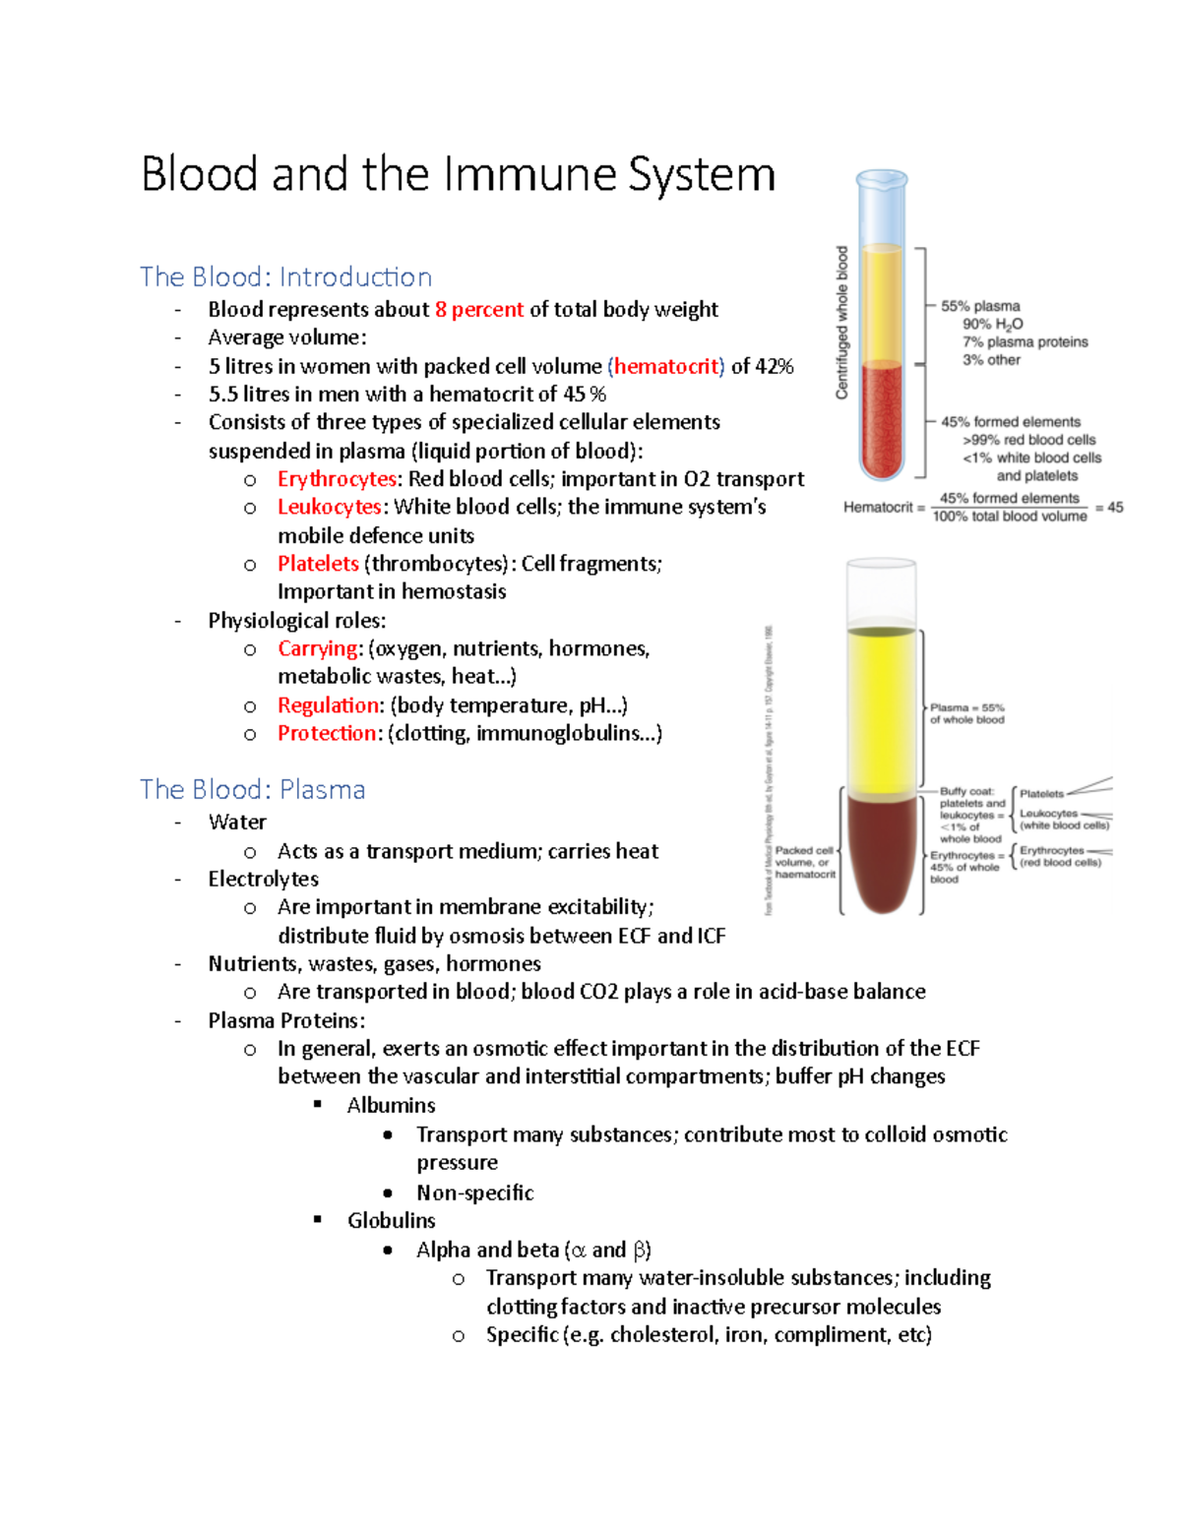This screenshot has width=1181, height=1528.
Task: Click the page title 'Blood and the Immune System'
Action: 458,175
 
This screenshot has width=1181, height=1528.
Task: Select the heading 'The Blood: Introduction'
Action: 285,277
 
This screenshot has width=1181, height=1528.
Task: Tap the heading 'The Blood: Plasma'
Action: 252,789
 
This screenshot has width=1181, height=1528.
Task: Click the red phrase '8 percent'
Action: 479,310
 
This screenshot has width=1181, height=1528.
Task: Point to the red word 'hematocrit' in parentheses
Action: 666,367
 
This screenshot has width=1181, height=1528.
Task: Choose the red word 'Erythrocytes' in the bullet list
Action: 337,479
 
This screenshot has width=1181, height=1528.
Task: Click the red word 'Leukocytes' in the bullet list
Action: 329,507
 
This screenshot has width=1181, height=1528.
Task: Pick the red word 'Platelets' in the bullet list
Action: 318,564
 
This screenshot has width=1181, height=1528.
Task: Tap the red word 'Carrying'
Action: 318,648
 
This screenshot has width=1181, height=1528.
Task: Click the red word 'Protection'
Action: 327,733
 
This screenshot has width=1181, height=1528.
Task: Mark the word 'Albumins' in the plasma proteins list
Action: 391,1105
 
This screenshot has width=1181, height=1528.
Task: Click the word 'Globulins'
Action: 391,1220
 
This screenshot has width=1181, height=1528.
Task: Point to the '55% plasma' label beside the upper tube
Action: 980,306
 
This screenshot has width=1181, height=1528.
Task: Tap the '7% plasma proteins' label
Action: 1026,342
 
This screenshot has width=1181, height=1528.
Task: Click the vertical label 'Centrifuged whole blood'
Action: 841,323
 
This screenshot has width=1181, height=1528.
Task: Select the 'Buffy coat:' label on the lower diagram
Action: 966,791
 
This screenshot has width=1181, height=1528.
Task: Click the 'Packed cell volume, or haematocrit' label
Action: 805,862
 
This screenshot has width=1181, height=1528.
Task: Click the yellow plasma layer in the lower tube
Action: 881,708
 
